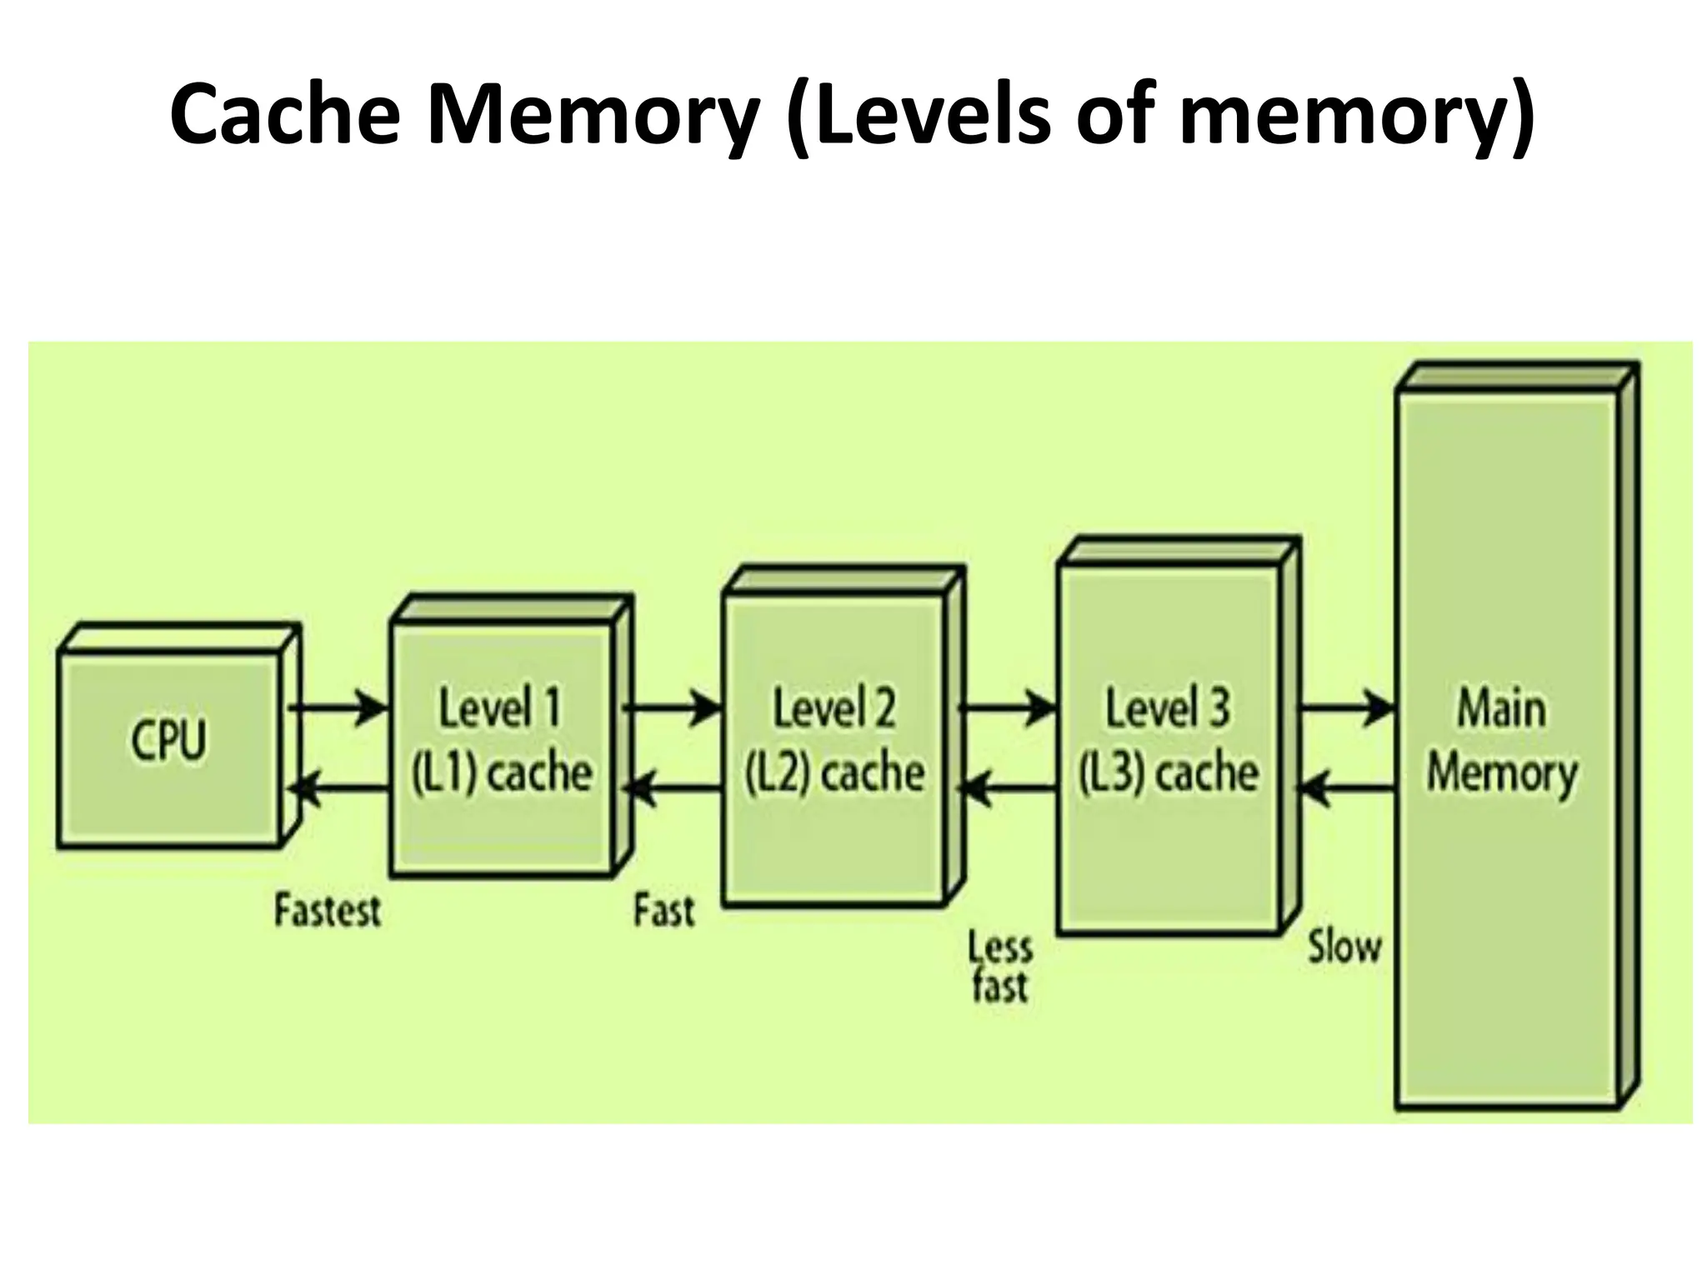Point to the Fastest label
coord(328,910)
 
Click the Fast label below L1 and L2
coord(663,910)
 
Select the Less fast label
coord(999,967)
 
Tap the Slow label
coord(1344,947)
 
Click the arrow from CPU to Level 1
coord(338,709)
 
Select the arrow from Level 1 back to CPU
coord(342,787)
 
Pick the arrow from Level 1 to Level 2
coord(672,709)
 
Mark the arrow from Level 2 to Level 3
coord(1007,709)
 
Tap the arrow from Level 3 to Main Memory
coord(1345,709)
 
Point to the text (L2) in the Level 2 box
coord(777,774)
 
